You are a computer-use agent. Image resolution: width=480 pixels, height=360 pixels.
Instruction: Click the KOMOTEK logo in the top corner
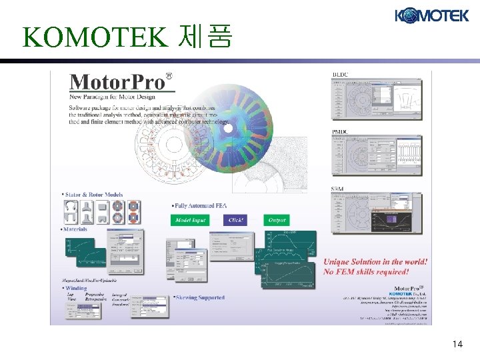coord(431,15)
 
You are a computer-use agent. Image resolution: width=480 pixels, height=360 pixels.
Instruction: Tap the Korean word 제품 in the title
coord(206,37)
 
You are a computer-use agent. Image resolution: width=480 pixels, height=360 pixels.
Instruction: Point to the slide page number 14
coord(457,344)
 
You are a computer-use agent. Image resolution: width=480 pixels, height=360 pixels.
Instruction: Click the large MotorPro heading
coord(117,82)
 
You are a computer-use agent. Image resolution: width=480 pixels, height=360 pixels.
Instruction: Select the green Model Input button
coord(191,220)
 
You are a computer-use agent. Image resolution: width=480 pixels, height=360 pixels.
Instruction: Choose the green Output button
coord(277,220)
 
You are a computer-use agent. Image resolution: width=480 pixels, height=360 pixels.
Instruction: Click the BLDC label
coord(340,73)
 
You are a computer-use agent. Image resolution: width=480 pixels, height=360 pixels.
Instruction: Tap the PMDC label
coord(341,133)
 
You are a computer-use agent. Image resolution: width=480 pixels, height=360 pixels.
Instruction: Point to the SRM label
coord(338,190)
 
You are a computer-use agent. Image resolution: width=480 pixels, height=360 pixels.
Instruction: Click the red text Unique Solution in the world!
coord(375,262)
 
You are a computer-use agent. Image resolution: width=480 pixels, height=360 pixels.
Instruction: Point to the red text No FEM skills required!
coord(366,272)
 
